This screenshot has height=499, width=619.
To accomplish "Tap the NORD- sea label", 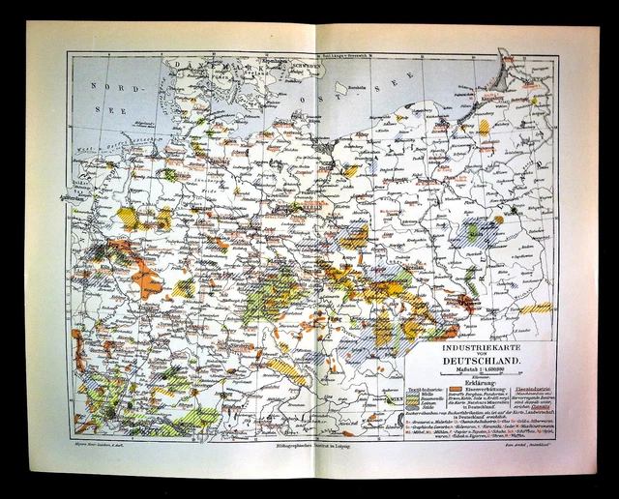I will coord(109,86).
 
